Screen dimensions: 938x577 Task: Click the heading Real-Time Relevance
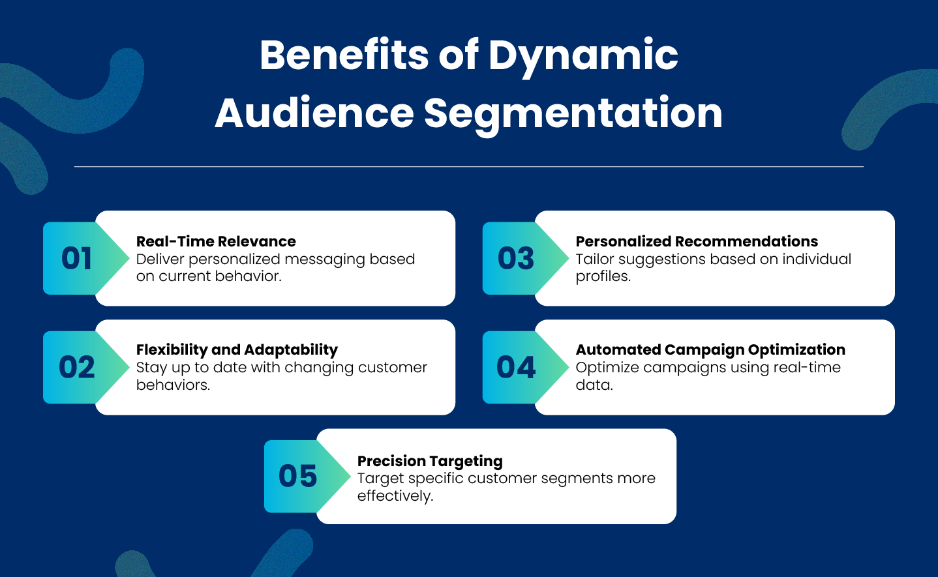pyautogui.click(x=216, y=241)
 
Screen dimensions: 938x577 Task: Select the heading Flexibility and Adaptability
pyautogui.click(x=237, y=350)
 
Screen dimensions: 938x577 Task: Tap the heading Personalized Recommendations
pyautogui.click(x=697, y=241)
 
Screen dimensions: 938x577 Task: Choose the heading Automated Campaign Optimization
pyautogui.click(x=710, y=350)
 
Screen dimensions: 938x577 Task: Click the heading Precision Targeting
pyautogui.click(x=430, y=461)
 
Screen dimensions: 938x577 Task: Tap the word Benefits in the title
pyautogui.click(x=344, y=55)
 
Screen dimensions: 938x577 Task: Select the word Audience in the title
pyautogui.click(x=314, y=113)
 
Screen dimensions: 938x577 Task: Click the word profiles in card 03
pyautogui.click(x=603, y=277)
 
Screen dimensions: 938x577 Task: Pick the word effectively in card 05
pyautogui.click(x=395, y=496)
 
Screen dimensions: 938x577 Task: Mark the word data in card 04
pyautogui.click(x=594, y=385)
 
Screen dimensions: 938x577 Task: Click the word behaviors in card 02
pyautogui.click(x=173, y=385)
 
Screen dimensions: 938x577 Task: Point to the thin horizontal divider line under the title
pyautogui.click(x=469, y=166)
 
